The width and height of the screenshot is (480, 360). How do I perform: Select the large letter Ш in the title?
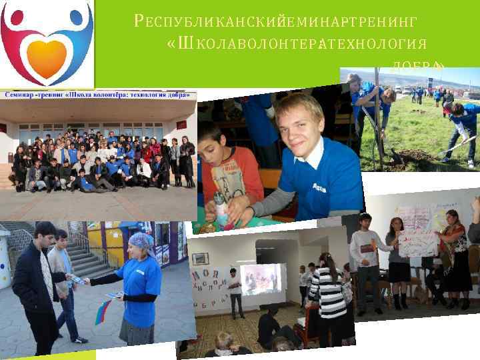click(184, 44)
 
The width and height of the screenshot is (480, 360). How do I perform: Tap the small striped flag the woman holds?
click(103, 311)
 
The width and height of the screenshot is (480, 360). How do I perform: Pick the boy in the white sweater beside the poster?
click(363, 260)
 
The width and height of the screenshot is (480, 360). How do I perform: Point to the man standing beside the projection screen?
click(235, 293)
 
